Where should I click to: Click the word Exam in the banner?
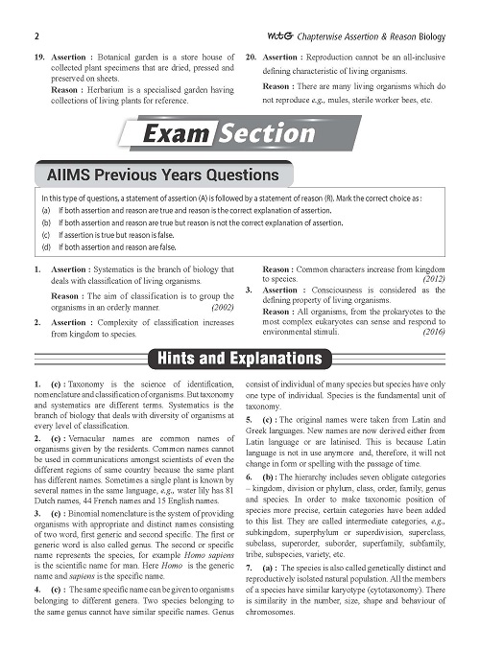(x=176, y=134)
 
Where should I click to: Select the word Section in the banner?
(x=262, y=134)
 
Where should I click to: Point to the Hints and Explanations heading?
(x=240, y=359)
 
